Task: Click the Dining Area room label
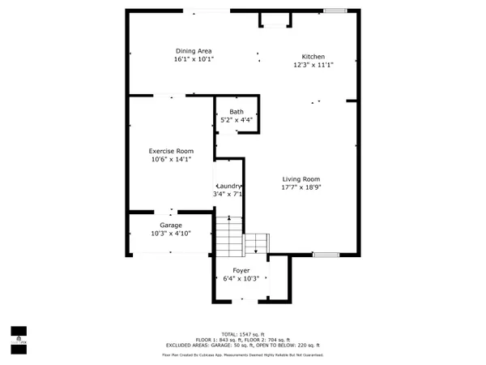coord(194,51)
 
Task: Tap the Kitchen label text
coord(313,57)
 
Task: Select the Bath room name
coord(237,112)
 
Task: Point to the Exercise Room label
coord(171,152)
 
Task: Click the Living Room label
coord(301,179)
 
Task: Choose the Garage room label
coord(170,225)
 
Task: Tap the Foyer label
coord(241,270)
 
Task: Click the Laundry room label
coord(228,186)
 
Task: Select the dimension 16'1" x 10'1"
coord(194,59)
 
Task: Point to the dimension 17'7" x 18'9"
coord(301,187)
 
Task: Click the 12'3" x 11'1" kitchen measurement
coord(313,65)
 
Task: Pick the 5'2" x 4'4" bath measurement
coord(237,120)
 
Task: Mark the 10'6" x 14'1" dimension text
coord(171,160)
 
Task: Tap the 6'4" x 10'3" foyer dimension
coord(241,278)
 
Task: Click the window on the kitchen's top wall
coord(334,11)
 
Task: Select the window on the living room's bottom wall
coord(326,255)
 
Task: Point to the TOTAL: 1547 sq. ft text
coord(242,334)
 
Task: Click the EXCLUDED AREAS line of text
coord(242,345)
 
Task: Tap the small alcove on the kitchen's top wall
coord(275,19)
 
